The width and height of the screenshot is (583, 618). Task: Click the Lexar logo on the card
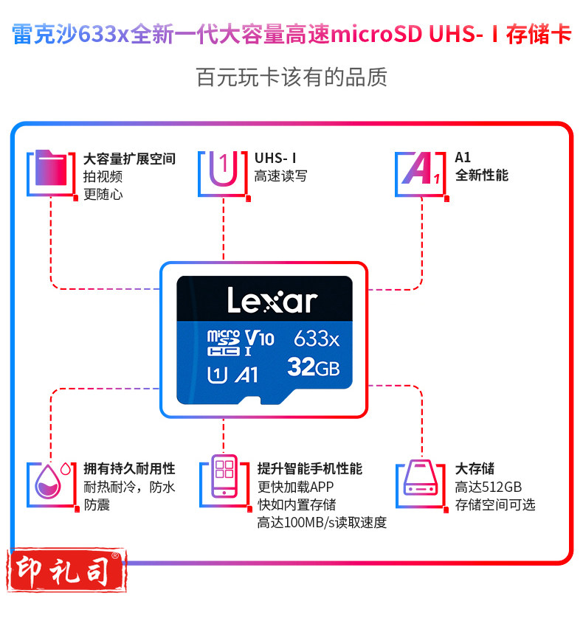(272, 301)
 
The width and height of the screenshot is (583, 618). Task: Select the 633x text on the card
(316, 338)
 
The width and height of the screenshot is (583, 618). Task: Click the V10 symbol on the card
(259, 338)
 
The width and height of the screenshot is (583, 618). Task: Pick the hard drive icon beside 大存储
(421, 484)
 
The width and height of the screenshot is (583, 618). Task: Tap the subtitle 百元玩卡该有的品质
(291, 77)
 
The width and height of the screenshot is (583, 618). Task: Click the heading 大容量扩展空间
(129, 159)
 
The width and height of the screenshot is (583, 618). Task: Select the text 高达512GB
(488, 487)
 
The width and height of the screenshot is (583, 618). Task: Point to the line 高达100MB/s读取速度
(321, 522)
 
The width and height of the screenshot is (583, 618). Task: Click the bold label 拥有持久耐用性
(129, 468)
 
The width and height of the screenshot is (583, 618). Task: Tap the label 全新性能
(481, 176)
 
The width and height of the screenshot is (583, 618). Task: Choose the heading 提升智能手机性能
(309, 468)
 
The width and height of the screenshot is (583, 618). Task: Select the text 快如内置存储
(296, 504)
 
